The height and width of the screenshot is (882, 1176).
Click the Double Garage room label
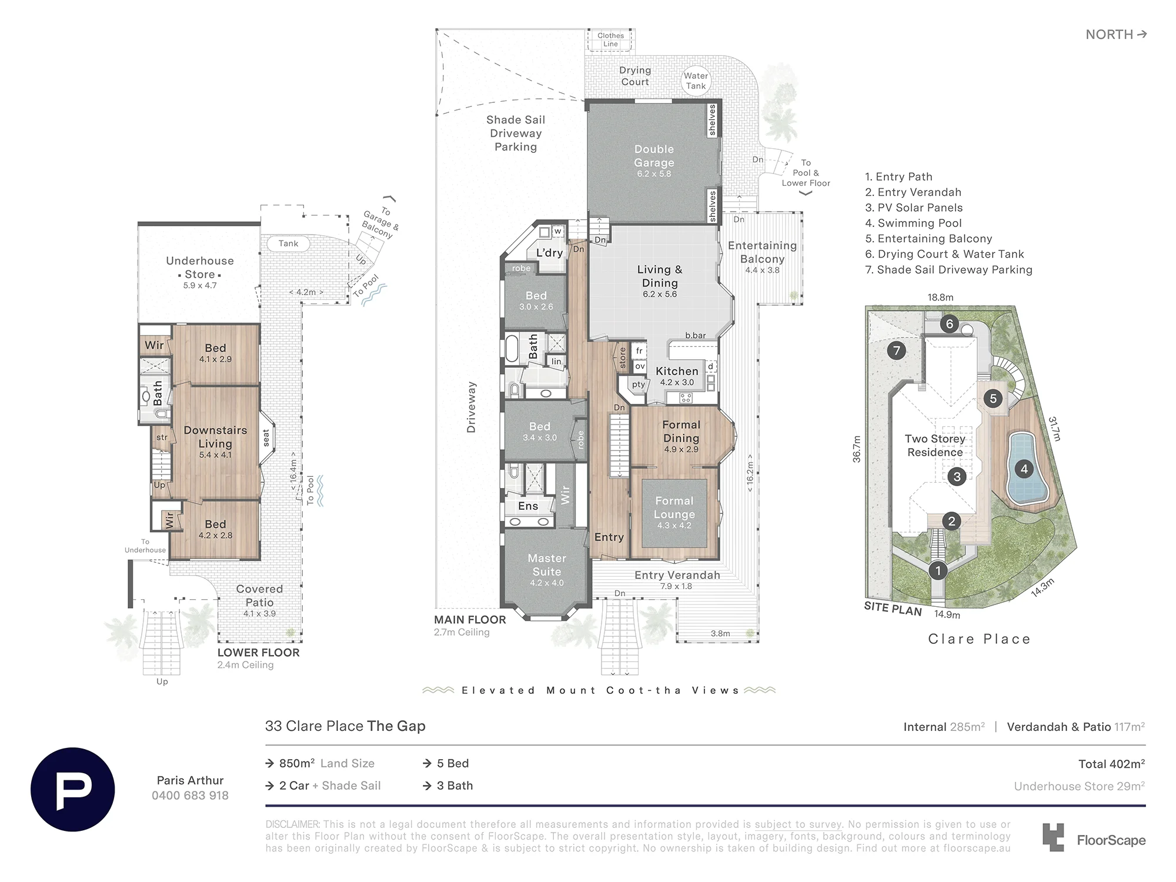pos(654,156)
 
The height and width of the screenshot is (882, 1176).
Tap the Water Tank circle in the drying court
pos(696,81)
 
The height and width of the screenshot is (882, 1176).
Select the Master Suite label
pos(547,564)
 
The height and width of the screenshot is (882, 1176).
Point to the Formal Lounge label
pos(674,507)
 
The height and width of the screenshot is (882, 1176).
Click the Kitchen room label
pos(677,371)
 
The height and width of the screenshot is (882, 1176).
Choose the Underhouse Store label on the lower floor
pos(200,268)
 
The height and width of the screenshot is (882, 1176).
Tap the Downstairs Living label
pos(215,437)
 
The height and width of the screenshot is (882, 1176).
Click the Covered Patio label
pos(259,596)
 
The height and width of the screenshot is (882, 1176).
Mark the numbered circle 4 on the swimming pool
pos(1024,469)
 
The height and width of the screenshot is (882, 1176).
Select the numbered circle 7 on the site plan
pos(896,351)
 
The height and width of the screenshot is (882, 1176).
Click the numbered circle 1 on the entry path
pos(938,570)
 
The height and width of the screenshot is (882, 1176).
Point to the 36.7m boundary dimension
pos(857,449)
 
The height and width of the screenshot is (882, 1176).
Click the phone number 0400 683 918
pos(190,796)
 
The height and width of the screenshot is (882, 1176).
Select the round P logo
pos(73,789)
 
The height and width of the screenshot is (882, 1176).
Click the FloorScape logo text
pos(1111,840)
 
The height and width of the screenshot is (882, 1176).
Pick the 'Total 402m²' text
pos(1111,764)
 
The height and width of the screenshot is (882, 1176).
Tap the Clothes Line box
pos(610,40)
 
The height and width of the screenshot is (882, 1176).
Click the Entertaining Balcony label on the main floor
pos(762,252)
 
